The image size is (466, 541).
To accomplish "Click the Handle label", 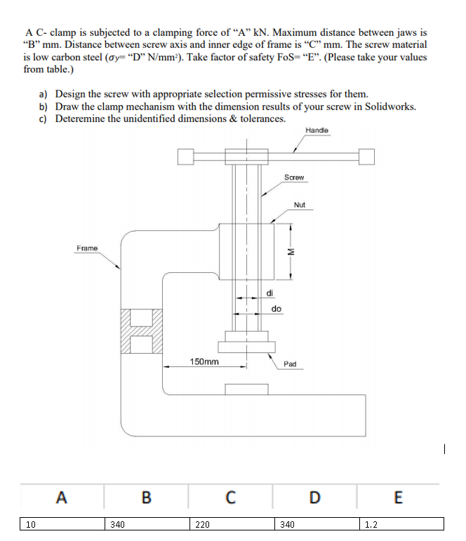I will click(317, 131).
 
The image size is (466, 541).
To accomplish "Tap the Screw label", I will click(294, 178).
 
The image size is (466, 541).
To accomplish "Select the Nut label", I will click(300, 205).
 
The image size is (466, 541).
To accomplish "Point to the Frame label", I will click(87, 248).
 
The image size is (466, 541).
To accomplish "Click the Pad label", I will click(290, 364).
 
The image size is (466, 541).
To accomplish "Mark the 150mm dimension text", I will click(204, 361).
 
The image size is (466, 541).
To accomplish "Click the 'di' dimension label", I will click(270, 293).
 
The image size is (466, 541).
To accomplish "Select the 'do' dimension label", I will click(277, 309).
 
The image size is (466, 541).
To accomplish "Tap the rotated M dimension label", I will click(284, 253).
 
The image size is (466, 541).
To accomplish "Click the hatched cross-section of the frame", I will click(141, 331).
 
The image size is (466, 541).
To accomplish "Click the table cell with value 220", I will click(231, 523).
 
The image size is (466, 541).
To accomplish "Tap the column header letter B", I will click(146, 498).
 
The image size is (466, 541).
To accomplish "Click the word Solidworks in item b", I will click(390, 106).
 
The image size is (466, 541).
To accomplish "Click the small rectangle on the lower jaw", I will click(246, 389).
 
